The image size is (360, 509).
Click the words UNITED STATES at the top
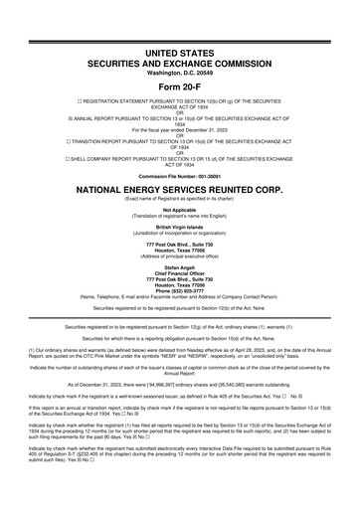coord(179,49)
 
